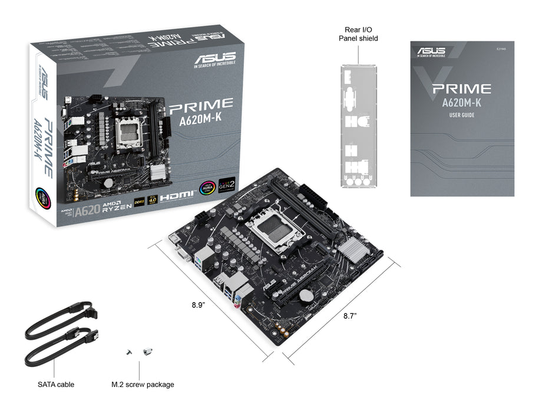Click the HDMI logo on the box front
click(176, 196)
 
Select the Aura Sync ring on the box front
click(207, 187)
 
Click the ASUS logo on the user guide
click(431, 52)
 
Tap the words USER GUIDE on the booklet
click(462, 115)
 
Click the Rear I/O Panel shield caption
click(358, 34)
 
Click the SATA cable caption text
click(56, 384)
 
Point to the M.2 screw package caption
click(143, 384)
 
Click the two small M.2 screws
click(138, 352)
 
